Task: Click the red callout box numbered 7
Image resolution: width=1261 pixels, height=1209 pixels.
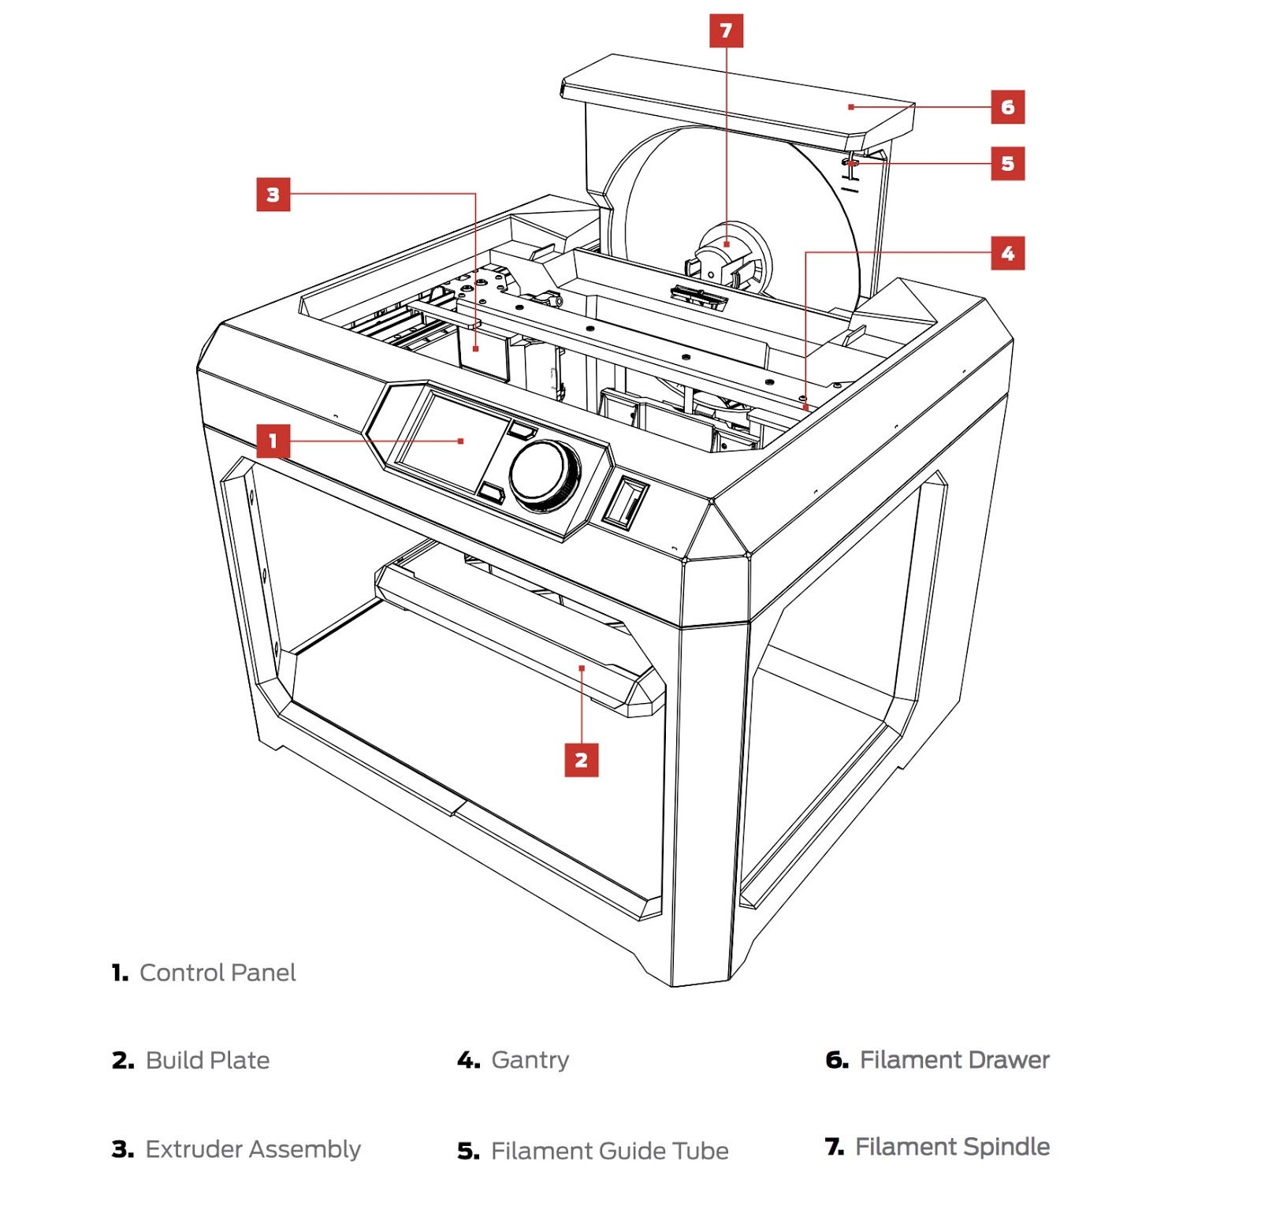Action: [x=726, y=31]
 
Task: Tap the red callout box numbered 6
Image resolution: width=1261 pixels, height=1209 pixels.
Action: [x=1007, y=107]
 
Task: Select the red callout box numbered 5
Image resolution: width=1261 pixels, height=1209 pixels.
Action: [x=1007, y=164]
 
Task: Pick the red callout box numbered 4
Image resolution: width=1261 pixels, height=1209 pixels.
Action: [x=1007, y=254]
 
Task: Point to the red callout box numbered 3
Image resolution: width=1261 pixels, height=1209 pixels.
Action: [x=273, y=195]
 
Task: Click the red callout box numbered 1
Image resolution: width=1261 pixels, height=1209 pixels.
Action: [x=273, y=441]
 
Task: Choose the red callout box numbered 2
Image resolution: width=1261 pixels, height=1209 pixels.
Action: [x=581, y=761]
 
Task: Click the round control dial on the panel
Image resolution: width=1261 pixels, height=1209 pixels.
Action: [x=545, y=474]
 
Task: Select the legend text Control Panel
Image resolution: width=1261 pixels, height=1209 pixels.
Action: [x=218, y=973]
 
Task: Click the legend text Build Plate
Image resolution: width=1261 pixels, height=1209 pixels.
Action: [x=207, y=1060]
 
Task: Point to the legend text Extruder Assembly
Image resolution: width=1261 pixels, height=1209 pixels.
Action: [x=252, y=1149]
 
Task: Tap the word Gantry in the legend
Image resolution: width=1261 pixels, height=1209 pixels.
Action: [x=530, y=1060]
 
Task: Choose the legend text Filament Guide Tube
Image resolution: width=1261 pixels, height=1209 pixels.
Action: [x=609, y=1151]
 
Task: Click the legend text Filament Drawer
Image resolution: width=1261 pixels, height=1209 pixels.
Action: [x=954, y=1060]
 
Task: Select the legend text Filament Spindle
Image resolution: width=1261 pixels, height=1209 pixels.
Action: [x=952, y=1147]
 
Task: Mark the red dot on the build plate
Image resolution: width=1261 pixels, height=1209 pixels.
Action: [x=582, y=668]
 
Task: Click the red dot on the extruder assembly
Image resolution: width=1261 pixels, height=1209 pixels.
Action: [x=476, y=348]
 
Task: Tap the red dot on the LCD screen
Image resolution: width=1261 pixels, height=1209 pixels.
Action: [x=461, y=441]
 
